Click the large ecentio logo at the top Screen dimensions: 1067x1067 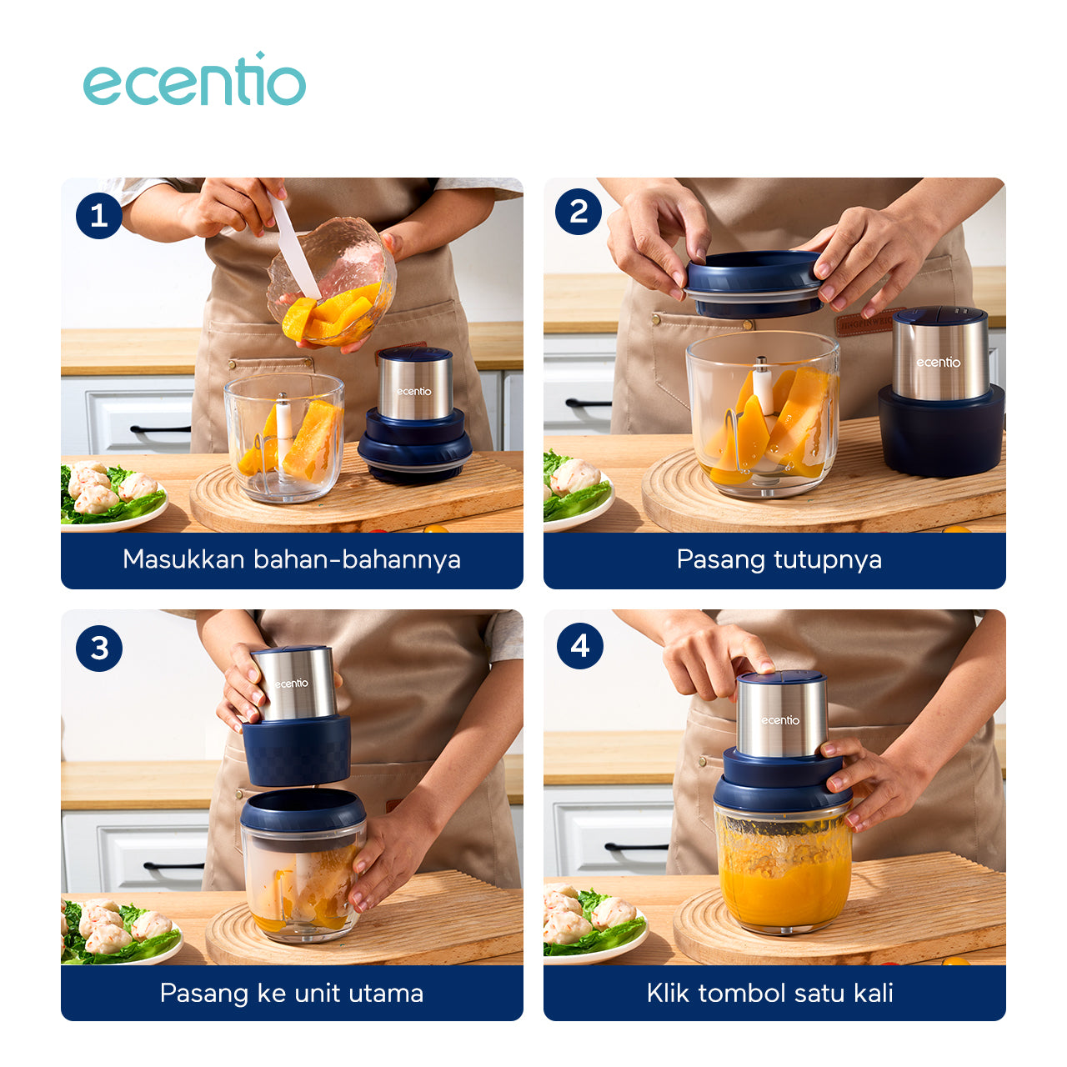(194, 80)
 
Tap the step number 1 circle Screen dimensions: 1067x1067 (99, 215)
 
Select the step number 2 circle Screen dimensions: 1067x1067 (579, 212)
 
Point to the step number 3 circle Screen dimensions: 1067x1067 (99, 648)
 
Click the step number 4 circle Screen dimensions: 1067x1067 (579, 646)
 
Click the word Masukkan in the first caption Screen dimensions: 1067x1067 (183, 559)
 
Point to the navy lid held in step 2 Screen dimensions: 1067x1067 (754, 283)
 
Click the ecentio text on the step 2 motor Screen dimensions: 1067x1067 (938, 362)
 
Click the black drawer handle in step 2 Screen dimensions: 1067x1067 (588, 403)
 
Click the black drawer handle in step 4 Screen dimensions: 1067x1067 (637, 847)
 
